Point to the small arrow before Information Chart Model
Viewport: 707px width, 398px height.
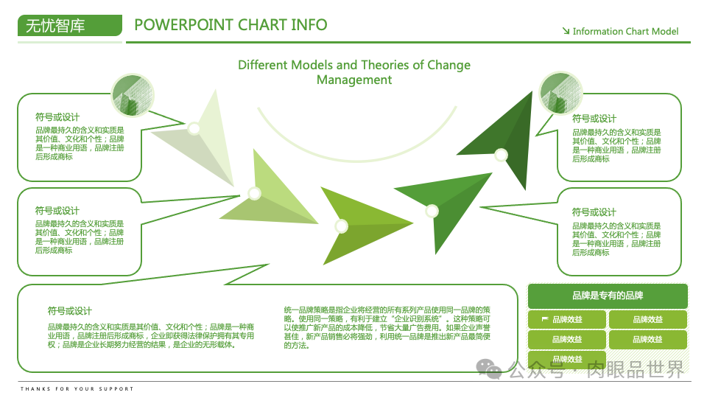[566, 31]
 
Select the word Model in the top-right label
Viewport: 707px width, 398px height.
[664, 31]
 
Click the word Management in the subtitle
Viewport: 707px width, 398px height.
[353, 80]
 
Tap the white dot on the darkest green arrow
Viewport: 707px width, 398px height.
[501, 155]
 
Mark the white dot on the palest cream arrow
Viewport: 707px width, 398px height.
[194, 129]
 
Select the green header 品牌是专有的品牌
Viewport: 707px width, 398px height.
[608, 296]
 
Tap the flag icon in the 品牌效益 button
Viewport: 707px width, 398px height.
[545, 319]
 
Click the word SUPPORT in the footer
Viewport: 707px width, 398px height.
[118, 388]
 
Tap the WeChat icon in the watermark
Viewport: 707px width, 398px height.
[488, 368]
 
